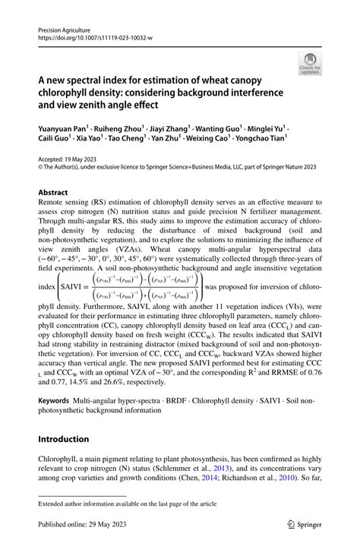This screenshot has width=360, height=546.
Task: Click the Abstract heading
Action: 53,192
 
